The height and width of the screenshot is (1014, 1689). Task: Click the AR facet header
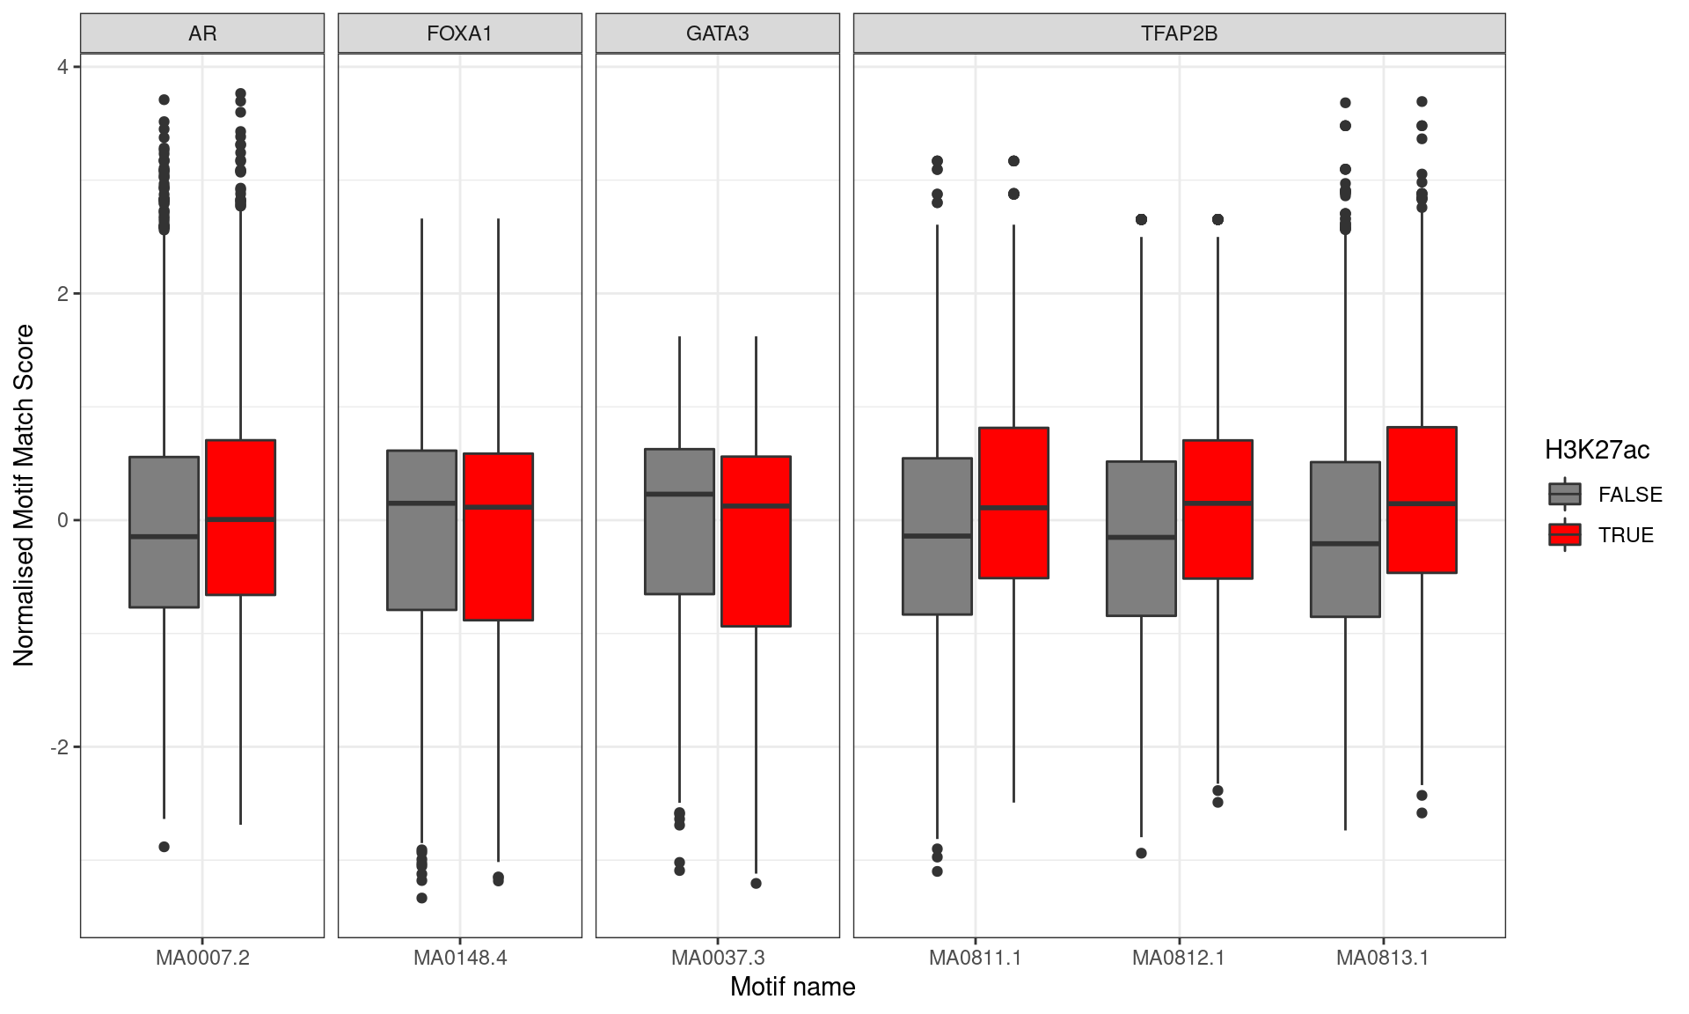coord(202,33)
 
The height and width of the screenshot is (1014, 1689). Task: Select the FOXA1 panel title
coord(459,33)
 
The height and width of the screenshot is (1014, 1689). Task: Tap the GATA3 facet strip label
coord(717,33)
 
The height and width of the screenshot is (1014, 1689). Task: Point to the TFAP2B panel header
coord(1179,33)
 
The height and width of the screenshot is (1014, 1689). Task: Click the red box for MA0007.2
coord(240,518)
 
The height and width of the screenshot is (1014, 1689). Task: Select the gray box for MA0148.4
coord(422,530)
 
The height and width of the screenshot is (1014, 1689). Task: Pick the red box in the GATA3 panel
coord(756,541)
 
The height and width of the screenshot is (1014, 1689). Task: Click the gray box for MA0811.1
coord(937,536)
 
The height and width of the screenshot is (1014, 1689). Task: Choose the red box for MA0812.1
coord(1217,509)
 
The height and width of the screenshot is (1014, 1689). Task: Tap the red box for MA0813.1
coord(1422,500)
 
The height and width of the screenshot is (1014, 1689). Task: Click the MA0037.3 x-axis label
coord(717,958)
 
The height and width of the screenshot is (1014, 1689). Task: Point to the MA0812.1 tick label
coord(1178,958)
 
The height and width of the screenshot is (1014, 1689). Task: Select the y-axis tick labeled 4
coord(62,67)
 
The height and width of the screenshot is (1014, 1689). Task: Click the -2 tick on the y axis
coord(59,747)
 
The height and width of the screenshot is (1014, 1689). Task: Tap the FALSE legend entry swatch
coord(1564,494)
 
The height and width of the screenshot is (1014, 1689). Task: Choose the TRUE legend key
coord(1564,534)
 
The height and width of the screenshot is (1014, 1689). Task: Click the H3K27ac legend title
coord(1597,451)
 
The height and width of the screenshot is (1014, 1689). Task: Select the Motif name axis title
coord(792,987)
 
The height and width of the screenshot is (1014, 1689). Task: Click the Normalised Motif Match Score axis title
coord(25,495)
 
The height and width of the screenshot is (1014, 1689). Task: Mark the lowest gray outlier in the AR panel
coord(164,847)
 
